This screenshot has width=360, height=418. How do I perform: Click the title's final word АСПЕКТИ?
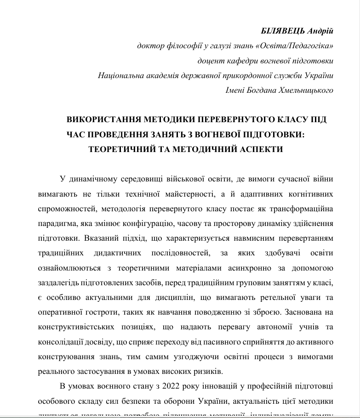pyautogui.click(x=261, y=149)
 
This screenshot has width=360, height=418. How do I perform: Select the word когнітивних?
pyautogui.click(x=310, y=194)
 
